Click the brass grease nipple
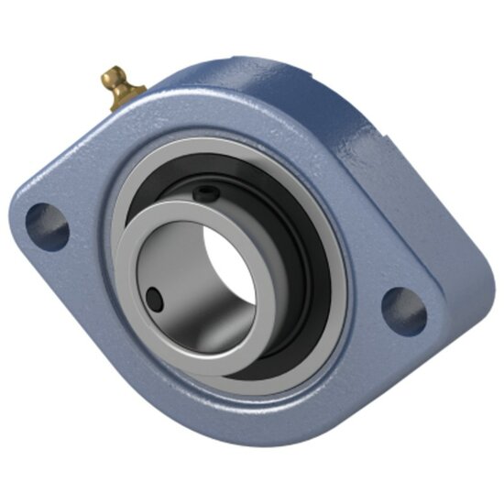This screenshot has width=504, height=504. (x=121, y=87)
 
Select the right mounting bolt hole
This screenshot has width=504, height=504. (x=403, y=309)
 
